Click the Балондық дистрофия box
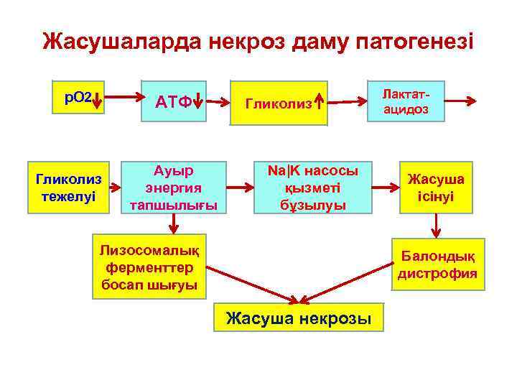[x=437, y=264]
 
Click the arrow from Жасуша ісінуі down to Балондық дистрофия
[x=436, y=226]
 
